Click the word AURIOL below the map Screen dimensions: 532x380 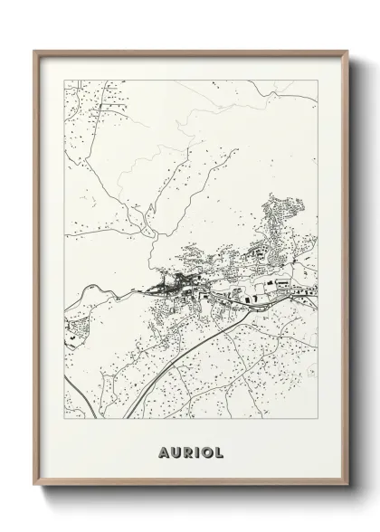click(190, 450)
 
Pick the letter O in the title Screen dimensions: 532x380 click(207, 450)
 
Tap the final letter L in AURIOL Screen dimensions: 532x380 click(221, 450)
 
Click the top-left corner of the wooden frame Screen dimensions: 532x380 click(34, 51)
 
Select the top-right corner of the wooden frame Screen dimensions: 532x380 click(346, 51)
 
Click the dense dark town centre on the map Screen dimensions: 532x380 click(172, 289)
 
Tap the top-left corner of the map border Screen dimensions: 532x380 click(63, 80)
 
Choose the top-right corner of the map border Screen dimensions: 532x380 click(318, 80)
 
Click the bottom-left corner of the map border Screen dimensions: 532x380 click(63, 419)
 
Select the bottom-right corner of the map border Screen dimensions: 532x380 click(318, 419)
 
